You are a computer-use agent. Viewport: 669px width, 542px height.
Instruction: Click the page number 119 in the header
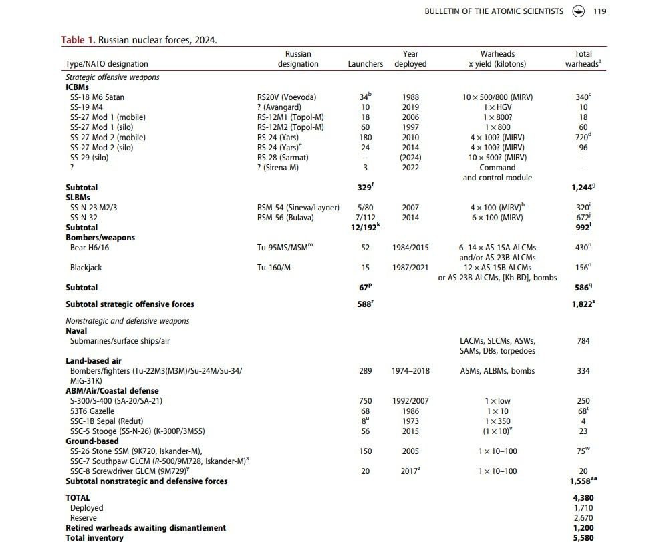pyautogui.click(x=599, y=11)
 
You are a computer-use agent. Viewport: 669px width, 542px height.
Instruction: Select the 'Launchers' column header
pyautogui.click(x=365, y=64)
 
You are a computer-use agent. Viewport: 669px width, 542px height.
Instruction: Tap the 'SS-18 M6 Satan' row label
pyautogui.click(x=97, y=97)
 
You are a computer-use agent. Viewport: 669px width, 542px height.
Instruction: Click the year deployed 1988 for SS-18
pyautogui.click(x=410, y=97)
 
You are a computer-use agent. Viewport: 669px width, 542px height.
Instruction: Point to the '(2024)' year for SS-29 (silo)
pyautogui.click(x=410, y=158)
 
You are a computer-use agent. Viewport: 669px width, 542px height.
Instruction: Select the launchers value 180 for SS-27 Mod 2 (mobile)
pyautogui.click(x=365, y=138)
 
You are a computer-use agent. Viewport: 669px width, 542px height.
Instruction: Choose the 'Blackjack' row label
pyautogui.click(x=86, y=268)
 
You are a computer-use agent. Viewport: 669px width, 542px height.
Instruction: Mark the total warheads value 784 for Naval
pyautogui.click(x=583, y=341)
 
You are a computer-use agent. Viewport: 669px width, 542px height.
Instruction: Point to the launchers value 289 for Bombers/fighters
pyautogui.click(x=365, y=371)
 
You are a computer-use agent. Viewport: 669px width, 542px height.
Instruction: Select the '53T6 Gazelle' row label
pyautogui.click(x=92, y=411)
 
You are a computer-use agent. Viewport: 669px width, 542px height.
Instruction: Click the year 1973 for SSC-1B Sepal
pyautogui.click(x=410, y=421)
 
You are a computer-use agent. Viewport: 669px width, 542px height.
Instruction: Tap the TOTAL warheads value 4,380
pyautogui.click(x=583, y=498)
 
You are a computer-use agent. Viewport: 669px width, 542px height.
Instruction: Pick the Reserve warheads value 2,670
pyautogui.click(x=583, y=518)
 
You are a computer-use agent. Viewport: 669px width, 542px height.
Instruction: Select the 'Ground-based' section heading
pyautogui.click(x=92, y=441)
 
